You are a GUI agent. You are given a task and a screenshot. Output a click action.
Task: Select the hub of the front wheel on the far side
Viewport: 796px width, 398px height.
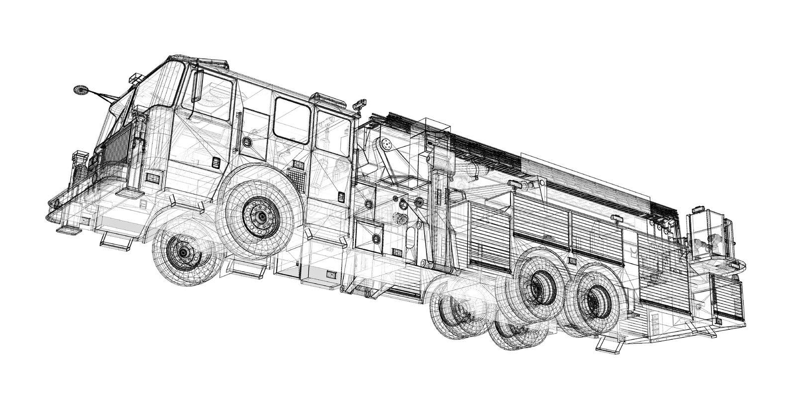[184, 253]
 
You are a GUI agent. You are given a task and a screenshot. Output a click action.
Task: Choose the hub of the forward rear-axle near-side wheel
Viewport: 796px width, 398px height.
[536, 287]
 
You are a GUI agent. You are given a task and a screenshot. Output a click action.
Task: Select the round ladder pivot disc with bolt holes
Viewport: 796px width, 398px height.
[387, 144]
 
